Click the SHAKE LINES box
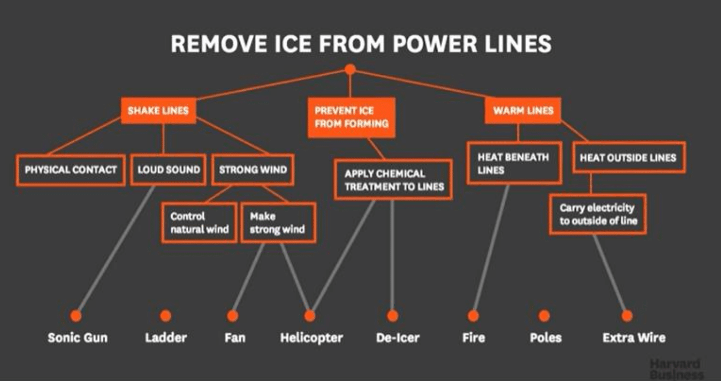pos(158,111)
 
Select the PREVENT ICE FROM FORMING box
pos(351,117)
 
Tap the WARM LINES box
pos(523,111)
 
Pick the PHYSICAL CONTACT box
pos(71,170)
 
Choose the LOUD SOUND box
pos(169,170)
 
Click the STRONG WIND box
pos(253,170)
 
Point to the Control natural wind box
pos(200,223)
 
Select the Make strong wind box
pos(278,223)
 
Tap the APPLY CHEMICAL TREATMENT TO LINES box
pos(393,180)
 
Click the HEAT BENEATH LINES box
pos(514,163)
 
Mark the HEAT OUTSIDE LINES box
pos(628,157)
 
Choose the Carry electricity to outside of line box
pos(598,214)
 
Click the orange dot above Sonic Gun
pos(76,315)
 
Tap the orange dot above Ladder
pos(165,316)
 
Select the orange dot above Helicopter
pos(310,316)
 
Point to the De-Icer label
pos(398,338)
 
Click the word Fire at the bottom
pos(473,338)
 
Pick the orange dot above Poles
pos(544,316)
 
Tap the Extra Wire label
pos(633,338)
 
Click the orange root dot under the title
pos(350,69)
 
